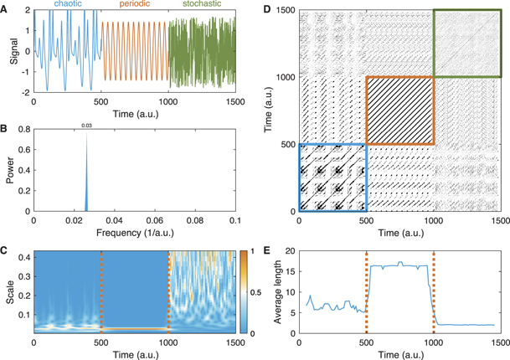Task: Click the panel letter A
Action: pyautogui.click(x=6, y=7)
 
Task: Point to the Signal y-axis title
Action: pyautogui.click(x=9, y=50)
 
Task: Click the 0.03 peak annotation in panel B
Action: pyautogui.click(x=85, y=126)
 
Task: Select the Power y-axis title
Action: pyautogui.click(x=9, y=172)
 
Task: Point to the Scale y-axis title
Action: pyautogui.click(x=9, y=293)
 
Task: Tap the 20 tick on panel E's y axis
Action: pyautogui.click(x=289, y=251)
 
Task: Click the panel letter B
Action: pyautogui.click(x=6, y=128)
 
